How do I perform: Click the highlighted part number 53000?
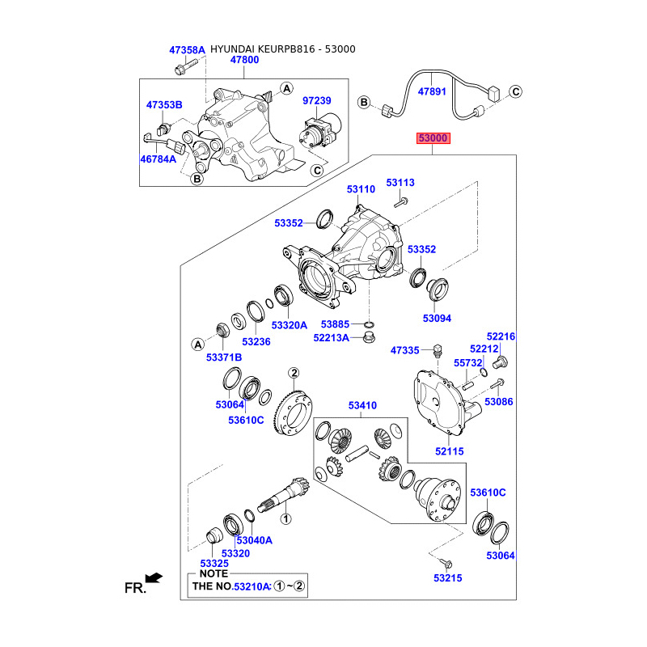[x=433, y=138]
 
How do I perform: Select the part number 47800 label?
[x=245, y=60]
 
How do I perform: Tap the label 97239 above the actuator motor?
[x=317, y=100]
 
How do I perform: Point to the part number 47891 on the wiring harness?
[x=432, y=91]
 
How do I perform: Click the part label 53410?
[x=362, y=406]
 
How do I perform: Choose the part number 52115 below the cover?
[x=450, y=451]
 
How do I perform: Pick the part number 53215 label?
[x=448, y=578]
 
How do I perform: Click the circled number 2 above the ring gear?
[x=294, y=373]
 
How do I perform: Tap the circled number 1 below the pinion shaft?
[x=285, y=518]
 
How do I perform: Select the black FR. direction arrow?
[x=154, y=577]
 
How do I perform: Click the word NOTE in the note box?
[x=214, y=573]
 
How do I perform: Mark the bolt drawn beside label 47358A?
[x=185, y=67]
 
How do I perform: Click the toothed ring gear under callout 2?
[x=293, y=413]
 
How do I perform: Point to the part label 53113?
[x=400, y=183]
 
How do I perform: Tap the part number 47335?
[x=405, y=350]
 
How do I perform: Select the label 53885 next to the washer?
[x=335, y=324]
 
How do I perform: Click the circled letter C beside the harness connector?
[x=516, y=91]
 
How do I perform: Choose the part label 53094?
[x=437, y=319]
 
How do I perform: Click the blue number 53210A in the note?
[x=252, y=586]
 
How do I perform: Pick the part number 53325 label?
[x=214, y=564]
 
